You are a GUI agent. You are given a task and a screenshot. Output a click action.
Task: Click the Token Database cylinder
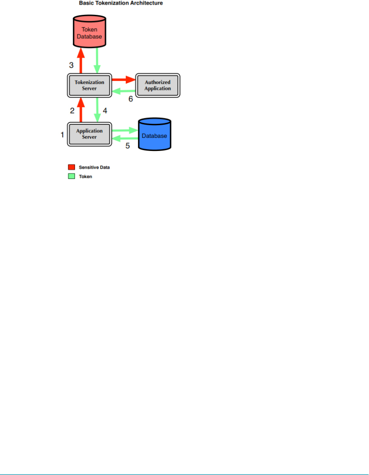point(89,32)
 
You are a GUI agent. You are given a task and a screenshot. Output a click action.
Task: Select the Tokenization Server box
point(89,85)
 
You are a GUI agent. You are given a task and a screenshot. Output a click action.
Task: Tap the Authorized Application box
point(158,85)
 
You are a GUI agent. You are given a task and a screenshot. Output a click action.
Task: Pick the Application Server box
point(89,134)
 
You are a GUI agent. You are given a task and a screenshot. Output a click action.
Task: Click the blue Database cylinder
point(155,135)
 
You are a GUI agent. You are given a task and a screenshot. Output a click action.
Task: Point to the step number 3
point(72,65)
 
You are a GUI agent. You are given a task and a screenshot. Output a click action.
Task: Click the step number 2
point(72,111)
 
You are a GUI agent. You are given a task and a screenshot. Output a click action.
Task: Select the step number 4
point(105,111)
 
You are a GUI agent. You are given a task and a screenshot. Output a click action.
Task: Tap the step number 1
point(62,135)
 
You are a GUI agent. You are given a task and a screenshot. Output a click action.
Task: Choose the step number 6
point(130,99)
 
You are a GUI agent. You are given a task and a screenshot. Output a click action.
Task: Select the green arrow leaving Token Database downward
point(97,60)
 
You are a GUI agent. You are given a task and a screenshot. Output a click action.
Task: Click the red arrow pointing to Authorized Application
point(123,79)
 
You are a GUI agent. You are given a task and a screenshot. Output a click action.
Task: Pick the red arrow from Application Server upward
point(81,109)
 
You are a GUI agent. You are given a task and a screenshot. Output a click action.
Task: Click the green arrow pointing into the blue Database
point(125,130)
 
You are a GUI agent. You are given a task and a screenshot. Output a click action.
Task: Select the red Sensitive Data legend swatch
point(72,168)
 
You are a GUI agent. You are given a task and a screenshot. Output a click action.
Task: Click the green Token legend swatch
point(72,176)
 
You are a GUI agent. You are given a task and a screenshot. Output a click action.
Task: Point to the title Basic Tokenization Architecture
point(121,3)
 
